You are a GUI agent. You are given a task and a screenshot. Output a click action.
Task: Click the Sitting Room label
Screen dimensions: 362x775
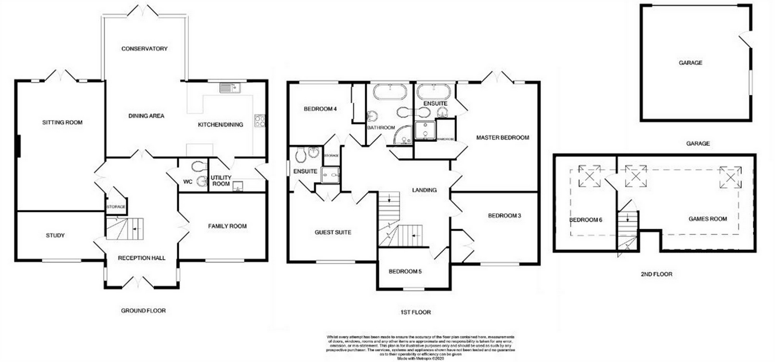(x=62, y=122)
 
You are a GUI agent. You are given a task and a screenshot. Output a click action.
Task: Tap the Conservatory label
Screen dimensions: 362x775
(x=144, y=49)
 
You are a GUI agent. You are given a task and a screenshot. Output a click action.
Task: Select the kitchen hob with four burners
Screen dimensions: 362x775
(x=259, y=121)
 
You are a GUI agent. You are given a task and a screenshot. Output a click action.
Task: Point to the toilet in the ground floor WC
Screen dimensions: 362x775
(x=199, y=167)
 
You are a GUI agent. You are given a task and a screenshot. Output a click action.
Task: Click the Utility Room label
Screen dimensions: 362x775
(x=220, y=181)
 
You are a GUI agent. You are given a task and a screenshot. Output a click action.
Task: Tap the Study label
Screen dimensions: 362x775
(x=55, y=236)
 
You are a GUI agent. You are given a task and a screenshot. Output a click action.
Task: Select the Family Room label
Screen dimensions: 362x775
(x=227, y=226)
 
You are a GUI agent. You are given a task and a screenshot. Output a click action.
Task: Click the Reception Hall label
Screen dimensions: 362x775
(x=141, y=258)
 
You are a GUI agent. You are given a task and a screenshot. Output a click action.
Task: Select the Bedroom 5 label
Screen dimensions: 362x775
(x=405, y=272)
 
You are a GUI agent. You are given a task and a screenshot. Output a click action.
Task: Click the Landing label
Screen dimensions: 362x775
(x=424, y=190)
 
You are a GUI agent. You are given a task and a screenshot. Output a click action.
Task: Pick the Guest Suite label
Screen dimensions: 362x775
(x=332, y=233)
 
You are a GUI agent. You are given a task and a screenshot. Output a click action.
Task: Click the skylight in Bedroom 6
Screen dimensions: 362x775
(x=590, y=176)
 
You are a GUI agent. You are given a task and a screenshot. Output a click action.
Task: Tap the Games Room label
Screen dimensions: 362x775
(x=707, y=219)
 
